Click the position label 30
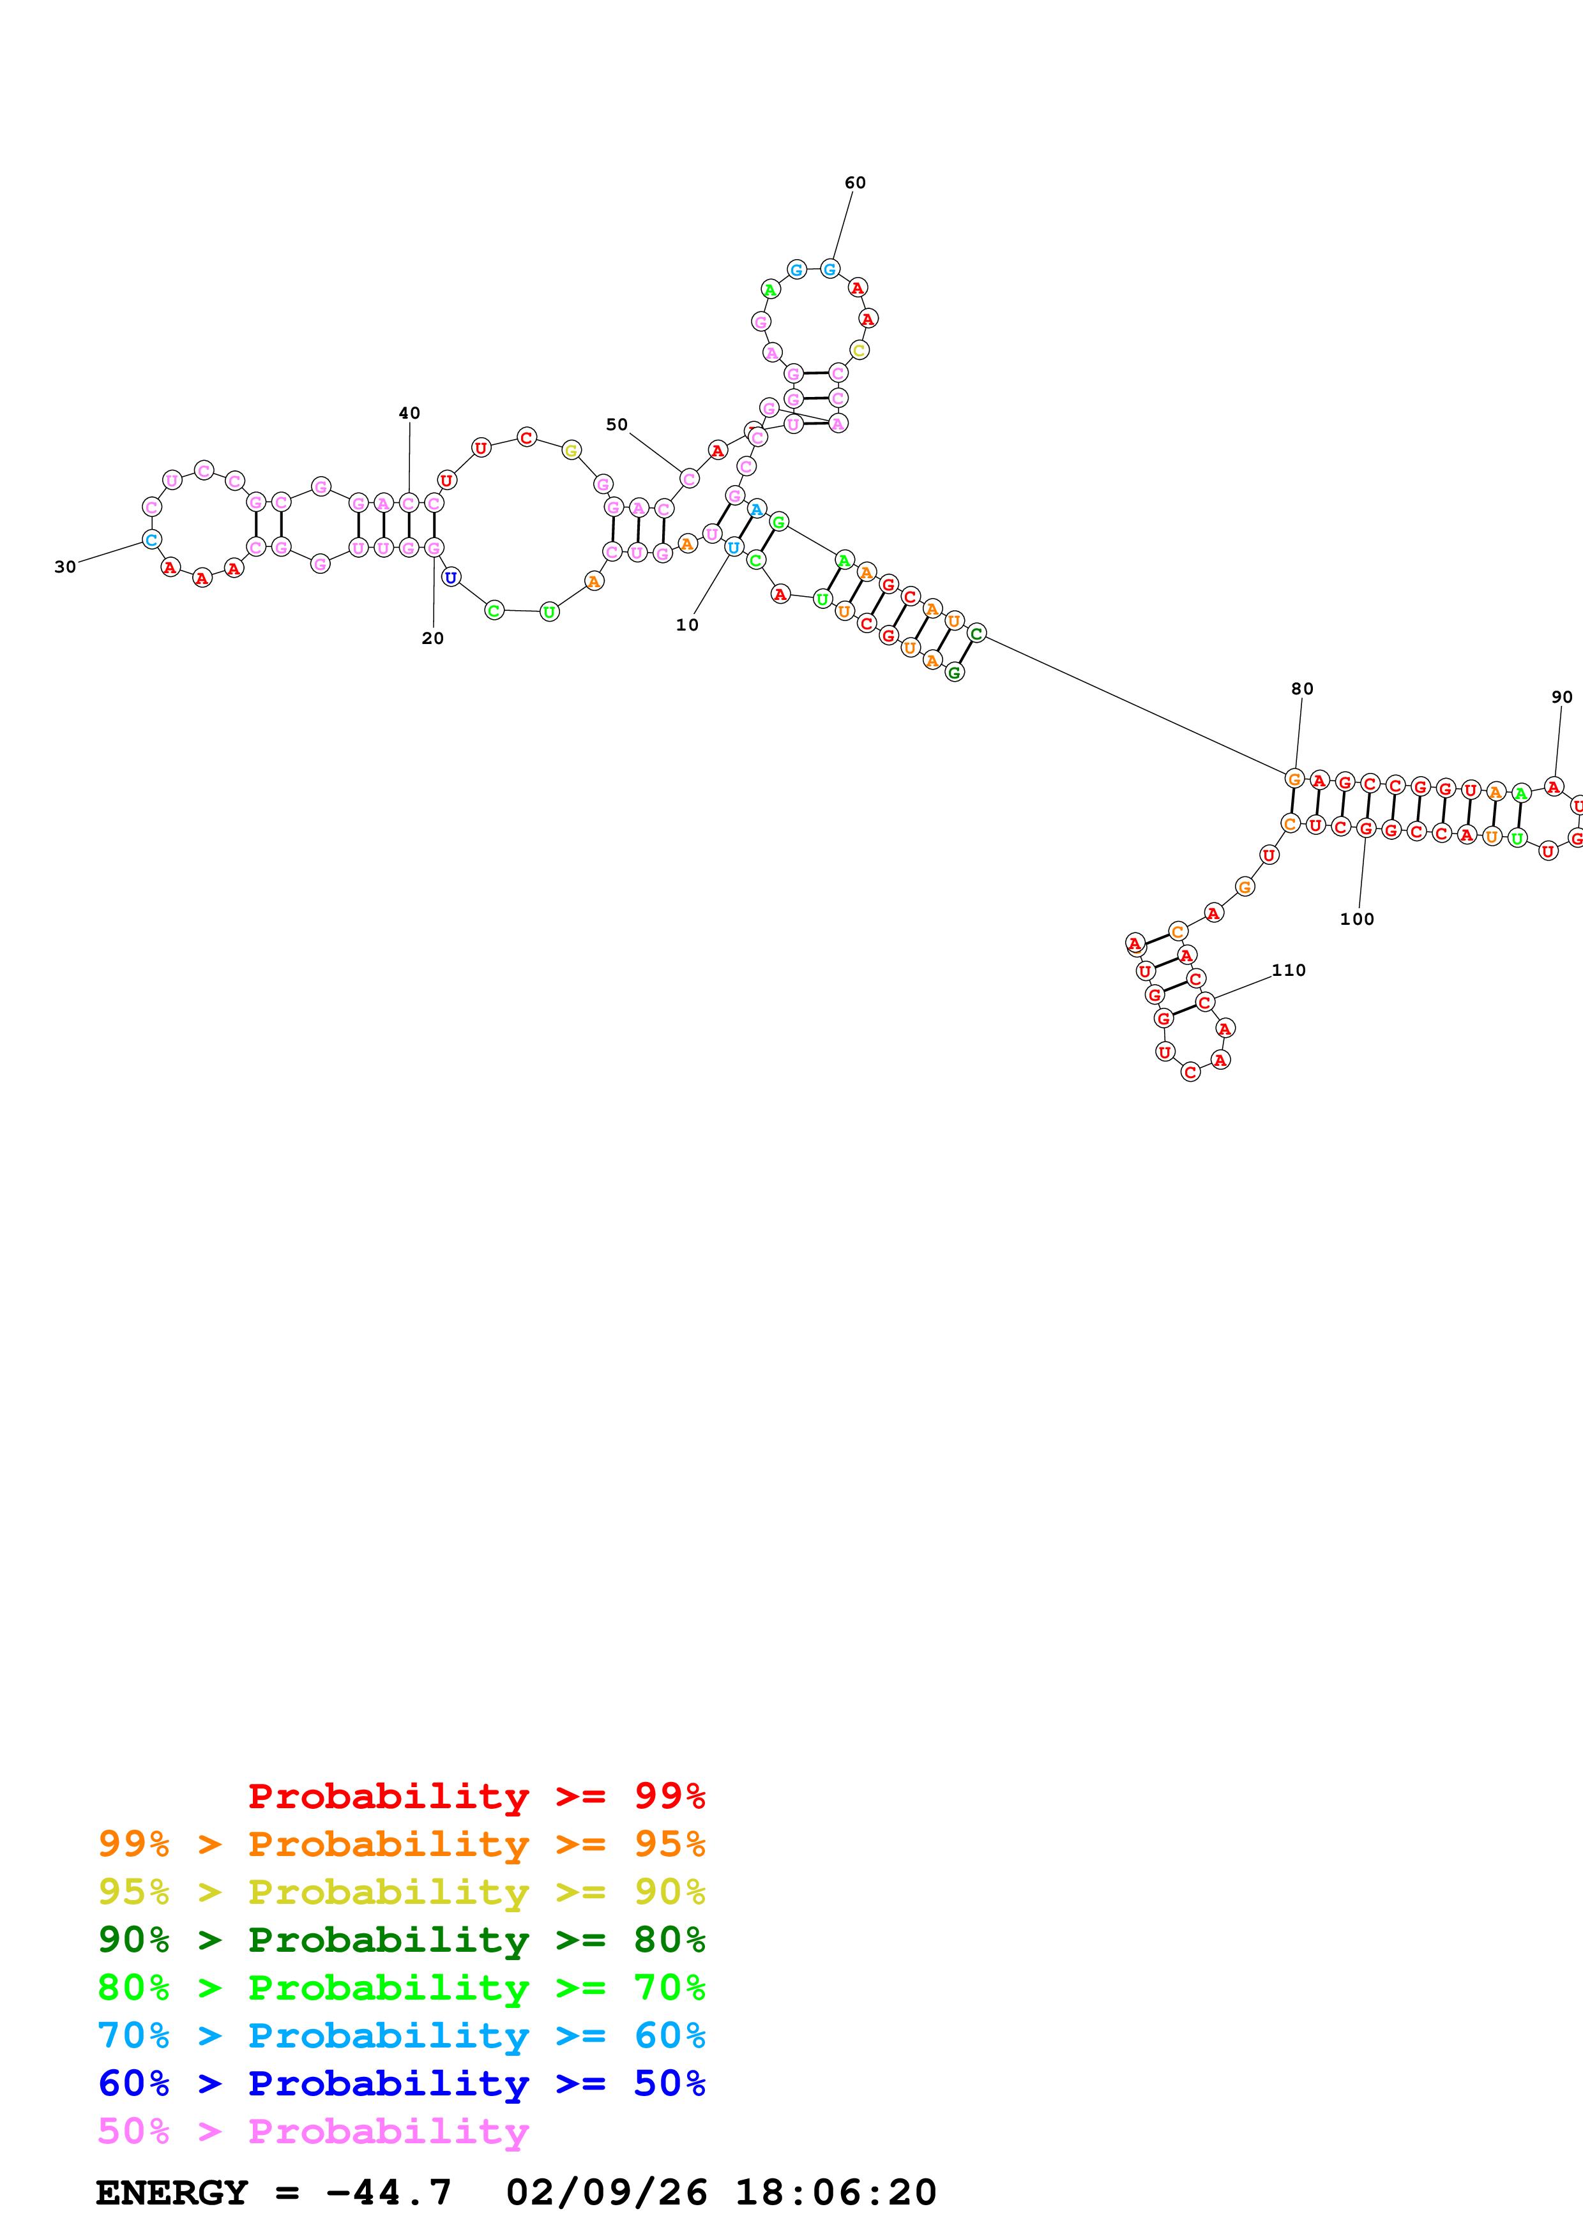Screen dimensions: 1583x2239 click(65, 567)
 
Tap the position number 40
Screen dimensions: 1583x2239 click(410, 414)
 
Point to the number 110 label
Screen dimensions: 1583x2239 click(1289, 970)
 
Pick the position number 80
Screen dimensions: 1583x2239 click(1302, 689)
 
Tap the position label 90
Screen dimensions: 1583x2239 click(1561, 697)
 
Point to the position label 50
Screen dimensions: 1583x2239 click(616, 424)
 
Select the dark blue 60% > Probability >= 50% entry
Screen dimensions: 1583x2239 click(401, 2083)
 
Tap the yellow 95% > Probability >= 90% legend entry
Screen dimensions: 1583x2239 click(401, 1891)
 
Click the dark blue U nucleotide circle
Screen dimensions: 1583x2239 click(451, 578)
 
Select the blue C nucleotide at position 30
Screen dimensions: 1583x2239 click(151, 539)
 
